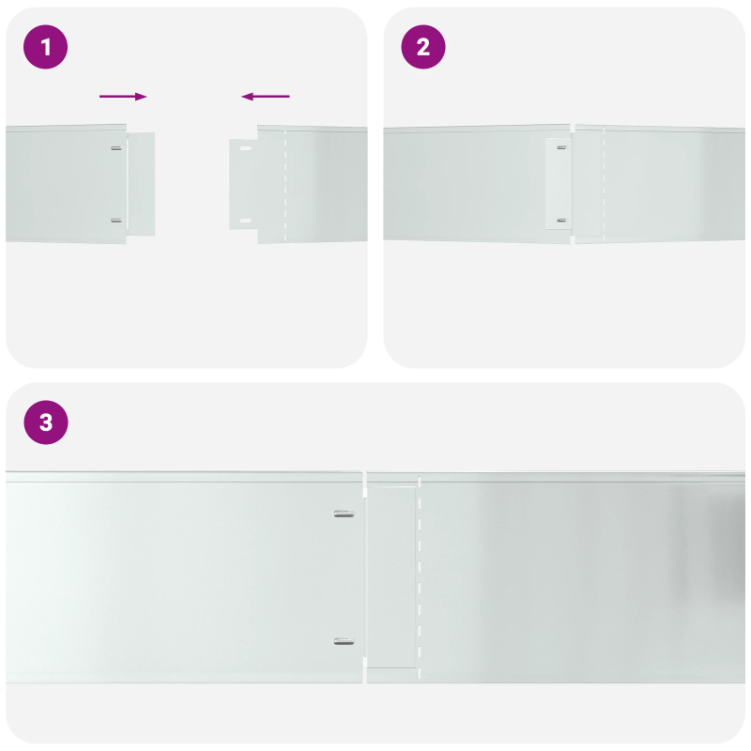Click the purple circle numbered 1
(x=45, y=47)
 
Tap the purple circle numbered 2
(x=423, y=47)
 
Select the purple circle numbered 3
(x=45, y=423)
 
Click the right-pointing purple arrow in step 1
(x=123, y=96)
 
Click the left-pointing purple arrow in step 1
(x=266, y=96)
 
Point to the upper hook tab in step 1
(x=115, y=148)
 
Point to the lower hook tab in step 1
(x=115, y=221)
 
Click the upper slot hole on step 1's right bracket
(x=245, y=148)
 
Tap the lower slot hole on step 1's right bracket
(x=245, y=221)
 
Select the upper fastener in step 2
(x=561, y=147)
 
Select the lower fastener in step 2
(x=561, y=221)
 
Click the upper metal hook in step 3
(x=345, y=513)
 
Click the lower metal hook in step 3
(x=345, y=641)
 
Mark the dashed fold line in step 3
(x=420, y=577)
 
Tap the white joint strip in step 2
(x=559, y=184)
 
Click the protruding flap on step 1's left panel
(x=141, y=183)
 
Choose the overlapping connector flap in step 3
(x=392, y=577)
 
